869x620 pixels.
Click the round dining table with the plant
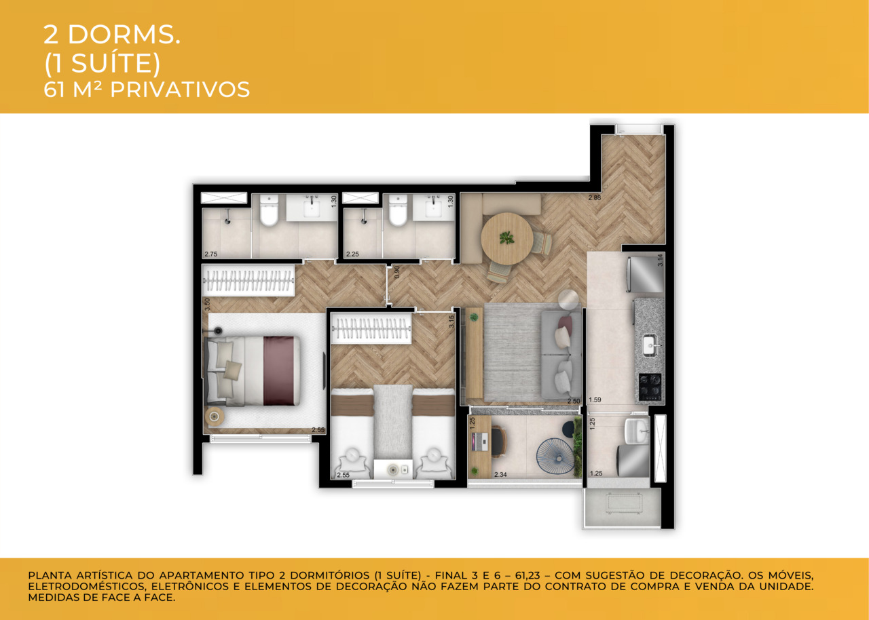coord(506,238)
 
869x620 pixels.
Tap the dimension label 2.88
coord(595,198)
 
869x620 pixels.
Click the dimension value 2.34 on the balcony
coord(502,474)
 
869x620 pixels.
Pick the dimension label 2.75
coord(210,254)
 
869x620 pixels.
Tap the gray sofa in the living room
coord(561,355)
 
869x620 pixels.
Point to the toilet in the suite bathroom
coord(270,210)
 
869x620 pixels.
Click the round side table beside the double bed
coord(216,416)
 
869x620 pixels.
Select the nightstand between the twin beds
coord(393,468)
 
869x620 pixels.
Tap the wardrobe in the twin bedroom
coord(371,330)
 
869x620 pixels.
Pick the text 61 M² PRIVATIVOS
coord(147,89)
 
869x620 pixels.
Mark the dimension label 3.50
coord(206,304)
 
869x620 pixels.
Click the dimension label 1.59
coord(595,400)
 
